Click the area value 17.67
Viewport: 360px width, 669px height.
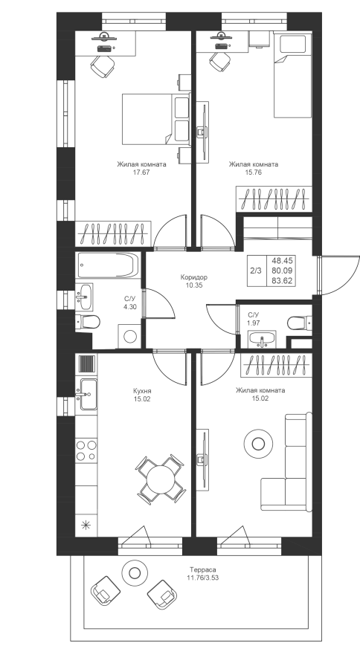point(141,172)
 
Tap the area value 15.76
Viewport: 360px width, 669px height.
point(253,172)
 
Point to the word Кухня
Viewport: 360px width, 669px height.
point(142,390)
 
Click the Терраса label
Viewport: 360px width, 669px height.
point(203,569)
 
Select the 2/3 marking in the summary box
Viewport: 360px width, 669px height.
point(256,270)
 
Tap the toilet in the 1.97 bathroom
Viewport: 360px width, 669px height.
point(299,323)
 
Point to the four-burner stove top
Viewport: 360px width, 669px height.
point(86,451)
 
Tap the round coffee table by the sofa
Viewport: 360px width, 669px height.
point(258,445)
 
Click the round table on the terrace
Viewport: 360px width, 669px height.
point(135,572)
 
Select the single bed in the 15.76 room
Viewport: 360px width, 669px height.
point(292,77)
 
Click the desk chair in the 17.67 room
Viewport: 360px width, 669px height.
point(103,67)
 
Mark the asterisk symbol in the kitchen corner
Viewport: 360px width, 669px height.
point(86,526)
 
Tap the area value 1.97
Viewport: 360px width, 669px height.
point(254,323)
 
